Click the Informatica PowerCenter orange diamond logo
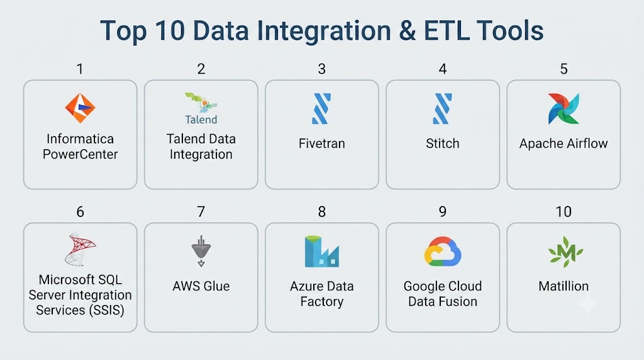(80, 108)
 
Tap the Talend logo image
(201, 108)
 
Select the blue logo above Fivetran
(321, 108)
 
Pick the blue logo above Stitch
(442, 108)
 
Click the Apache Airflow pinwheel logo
(563, 108)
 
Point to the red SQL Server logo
(80, 249)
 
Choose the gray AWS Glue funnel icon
(201, 251)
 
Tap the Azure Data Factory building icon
(322, 252)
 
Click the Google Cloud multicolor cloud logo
(443, 252)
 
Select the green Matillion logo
(565, 252)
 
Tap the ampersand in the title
(407, 31)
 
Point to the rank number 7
(201, 211)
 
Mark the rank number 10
(563, 211)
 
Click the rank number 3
(321, 69)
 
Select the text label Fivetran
(321, 143)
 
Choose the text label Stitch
(442, 143)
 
